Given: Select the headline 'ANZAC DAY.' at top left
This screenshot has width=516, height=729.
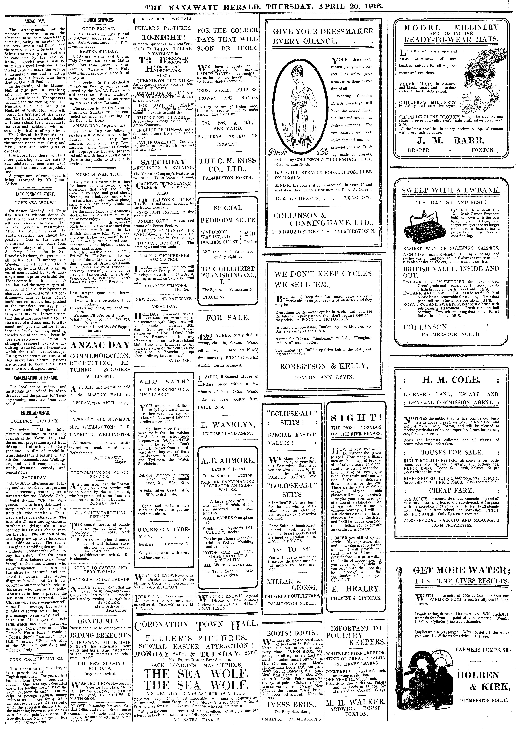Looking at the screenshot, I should pyautogui.click(x=35, y=22).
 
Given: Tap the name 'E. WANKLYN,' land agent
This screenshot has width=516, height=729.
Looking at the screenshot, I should pyautogui.click(x=227, y=425).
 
